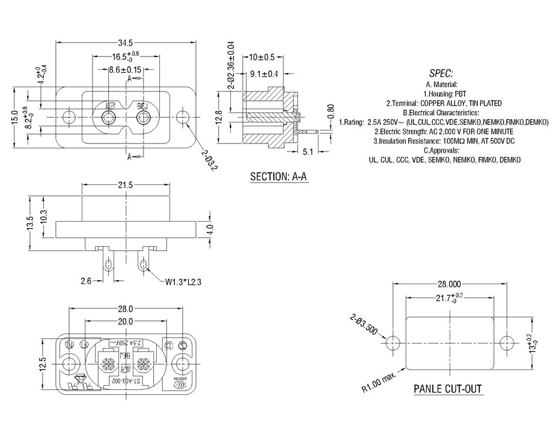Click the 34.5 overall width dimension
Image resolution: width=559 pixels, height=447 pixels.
coord(125,43)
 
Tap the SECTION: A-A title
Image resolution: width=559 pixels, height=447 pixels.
coord(279,177)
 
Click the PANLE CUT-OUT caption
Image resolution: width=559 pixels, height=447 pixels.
coord(448,389)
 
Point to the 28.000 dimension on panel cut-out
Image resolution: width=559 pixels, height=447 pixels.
coord(449,284)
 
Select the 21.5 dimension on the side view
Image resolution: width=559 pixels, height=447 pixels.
coord(125,185)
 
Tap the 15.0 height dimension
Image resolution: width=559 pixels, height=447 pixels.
coord(14,116)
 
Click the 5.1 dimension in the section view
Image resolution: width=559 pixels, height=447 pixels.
coord(308,152)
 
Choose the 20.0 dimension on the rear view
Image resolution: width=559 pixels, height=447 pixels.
coord(125,322)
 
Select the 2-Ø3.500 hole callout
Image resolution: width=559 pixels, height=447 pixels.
coord(363,324)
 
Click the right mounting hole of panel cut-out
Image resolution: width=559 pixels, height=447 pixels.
coord(506,342)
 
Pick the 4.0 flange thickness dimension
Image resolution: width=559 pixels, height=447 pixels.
coord(210,230)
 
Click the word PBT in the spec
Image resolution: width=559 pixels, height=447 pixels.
coord(460,94)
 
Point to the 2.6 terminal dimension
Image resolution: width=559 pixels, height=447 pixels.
coord(85,281)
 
